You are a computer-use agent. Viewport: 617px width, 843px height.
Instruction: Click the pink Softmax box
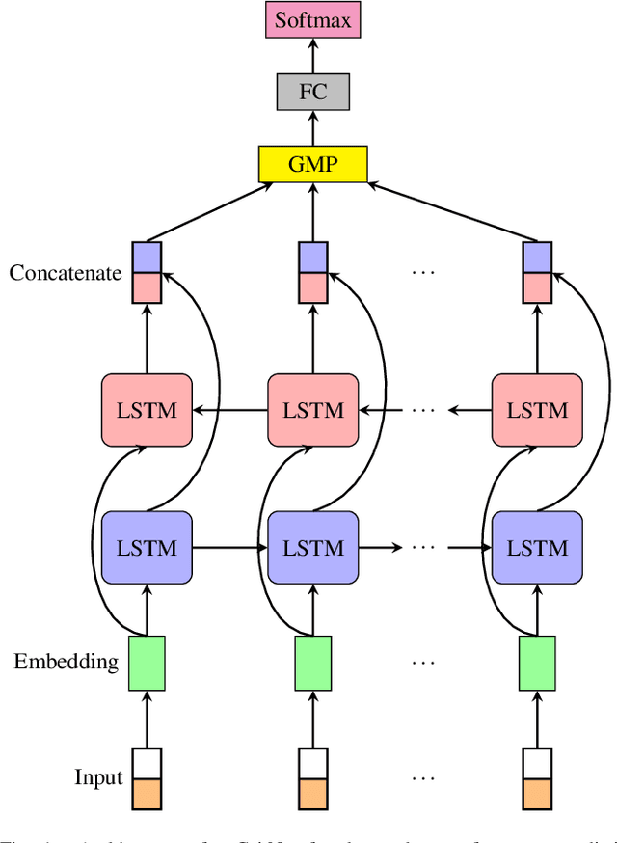(312, 20)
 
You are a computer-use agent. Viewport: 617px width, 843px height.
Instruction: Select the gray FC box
(312, 93)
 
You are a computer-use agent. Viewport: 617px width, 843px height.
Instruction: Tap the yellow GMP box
(312, 164)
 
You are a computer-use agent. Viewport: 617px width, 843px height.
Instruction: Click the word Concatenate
(66, 273)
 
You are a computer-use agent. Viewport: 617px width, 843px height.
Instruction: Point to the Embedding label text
(66, 662)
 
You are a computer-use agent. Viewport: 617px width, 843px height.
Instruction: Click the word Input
(99, 777)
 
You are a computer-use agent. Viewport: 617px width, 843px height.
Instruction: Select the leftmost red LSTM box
(147, 410)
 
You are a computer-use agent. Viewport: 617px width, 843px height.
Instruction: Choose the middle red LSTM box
(312, 410)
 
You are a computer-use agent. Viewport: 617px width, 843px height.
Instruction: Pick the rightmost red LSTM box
(537, 410)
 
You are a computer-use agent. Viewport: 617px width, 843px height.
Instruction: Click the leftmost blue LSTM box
(147, 548)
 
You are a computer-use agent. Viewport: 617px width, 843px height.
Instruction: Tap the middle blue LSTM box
(312, 548)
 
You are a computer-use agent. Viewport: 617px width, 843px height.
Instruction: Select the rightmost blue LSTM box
(537, 548)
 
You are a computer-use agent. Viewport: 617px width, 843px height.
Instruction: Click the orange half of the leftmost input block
(147, 793)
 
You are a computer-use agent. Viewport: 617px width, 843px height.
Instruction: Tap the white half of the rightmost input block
(537, 763)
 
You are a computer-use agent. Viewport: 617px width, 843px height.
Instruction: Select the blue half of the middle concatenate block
(312, 258)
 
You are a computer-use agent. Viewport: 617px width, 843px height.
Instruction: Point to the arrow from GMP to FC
(312, 128)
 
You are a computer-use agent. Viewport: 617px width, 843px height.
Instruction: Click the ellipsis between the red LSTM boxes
(424, 410)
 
